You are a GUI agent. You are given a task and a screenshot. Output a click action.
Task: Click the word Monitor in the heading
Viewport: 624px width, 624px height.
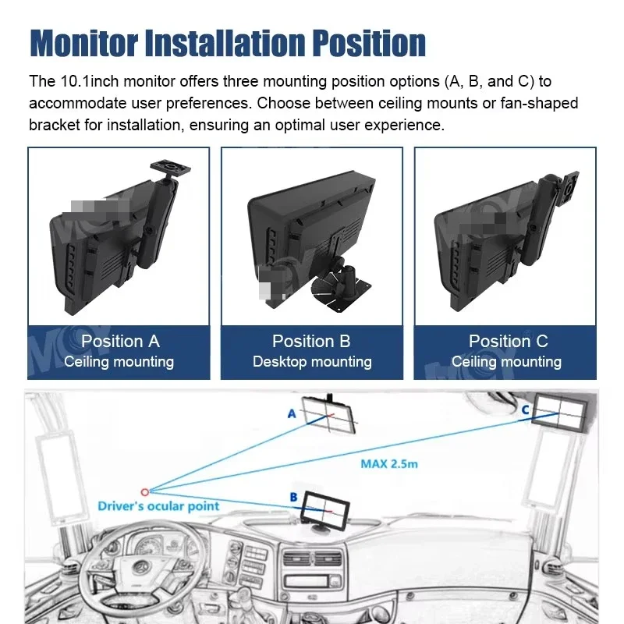pos(84,43)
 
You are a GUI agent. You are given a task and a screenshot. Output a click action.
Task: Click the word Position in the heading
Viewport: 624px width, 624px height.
pos(368,43)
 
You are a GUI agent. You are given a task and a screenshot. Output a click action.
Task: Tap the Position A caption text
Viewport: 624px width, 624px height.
pos(120,342)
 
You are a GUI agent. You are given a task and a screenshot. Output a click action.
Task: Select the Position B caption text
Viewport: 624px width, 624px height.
pos(311,342)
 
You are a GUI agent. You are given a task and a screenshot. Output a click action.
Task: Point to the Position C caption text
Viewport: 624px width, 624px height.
pos(509,342)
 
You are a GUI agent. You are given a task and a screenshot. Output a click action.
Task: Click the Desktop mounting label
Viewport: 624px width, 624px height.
pos(312,362)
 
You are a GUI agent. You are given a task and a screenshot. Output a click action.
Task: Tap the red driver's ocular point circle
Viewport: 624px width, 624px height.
pos(145,492)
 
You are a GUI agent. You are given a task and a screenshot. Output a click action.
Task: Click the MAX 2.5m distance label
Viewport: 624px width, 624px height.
pos(388,464)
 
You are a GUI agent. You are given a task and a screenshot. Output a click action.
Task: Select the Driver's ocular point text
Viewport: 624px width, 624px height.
pos(158,506)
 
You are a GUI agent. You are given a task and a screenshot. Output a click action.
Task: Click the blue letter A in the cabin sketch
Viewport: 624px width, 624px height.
pos(292,414)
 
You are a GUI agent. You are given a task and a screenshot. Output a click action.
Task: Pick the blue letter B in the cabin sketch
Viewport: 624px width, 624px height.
pos(294,497)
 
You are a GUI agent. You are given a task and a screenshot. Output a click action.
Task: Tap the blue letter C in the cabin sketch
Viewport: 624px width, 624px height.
pos(525,409)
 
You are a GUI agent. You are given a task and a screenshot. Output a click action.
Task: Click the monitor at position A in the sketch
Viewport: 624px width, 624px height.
pos(328,415)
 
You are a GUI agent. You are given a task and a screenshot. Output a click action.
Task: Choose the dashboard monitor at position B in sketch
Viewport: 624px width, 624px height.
pos(325,509)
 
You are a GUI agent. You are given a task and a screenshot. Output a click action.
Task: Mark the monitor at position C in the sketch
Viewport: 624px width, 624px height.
pos(559,413)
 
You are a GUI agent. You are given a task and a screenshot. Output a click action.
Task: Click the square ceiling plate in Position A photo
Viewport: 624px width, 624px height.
pos(170,168)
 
